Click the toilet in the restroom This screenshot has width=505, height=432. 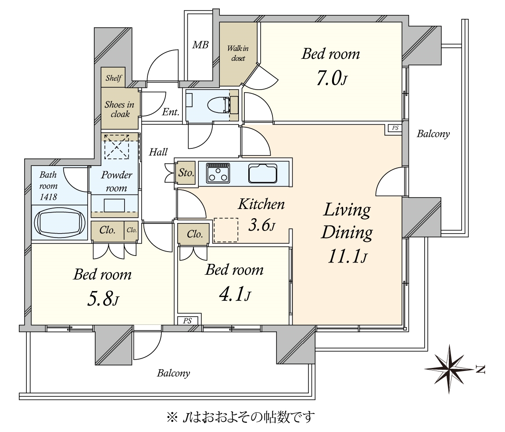click(219, 105)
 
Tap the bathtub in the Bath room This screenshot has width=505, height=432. click(60, 223)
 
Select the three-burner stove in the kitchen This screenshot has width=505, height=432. click(218, 173)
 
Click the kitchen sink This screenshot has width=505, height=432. click(263, 173)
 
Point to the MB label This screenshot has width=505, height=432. click(201, 45)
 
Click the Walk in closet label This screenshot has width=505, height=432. click(238, 53)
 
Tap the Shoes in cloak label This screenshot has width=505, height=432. click(119, 109)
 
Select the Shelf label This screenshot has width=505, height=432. click(114, 78)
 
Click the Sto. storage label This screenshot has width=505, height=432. click(186, 173)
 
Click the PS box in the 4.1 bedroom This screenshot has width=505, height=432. click(187, 321)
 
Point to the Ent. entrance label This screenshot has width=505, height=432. click(170, 112)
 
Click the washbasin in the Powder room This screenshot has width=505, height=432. click(115, 205)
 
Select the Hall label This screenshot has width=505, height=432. click(158, 152)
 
